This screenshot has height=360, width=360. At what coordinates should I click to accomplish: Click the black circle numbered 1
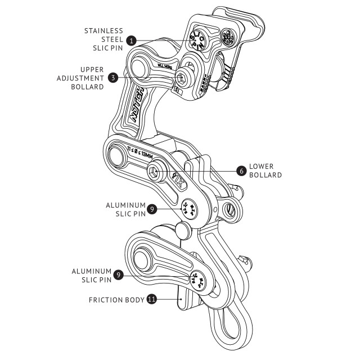point(131,40)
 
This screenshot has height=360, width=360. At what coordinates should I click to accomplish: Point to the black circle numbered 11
point(151,299)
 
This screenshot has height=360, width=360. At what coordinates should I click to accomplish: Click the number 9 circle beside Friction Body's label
point(118,275)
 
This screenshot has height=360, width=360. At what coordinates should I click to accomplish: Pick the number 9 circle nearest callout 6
point(152,210)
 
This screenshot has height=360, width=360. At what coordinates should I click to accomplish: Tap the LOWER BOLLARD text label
point(265,171)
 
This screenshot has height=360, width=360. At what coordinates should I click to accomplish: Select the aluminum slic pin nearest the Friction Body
point(200,281)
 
